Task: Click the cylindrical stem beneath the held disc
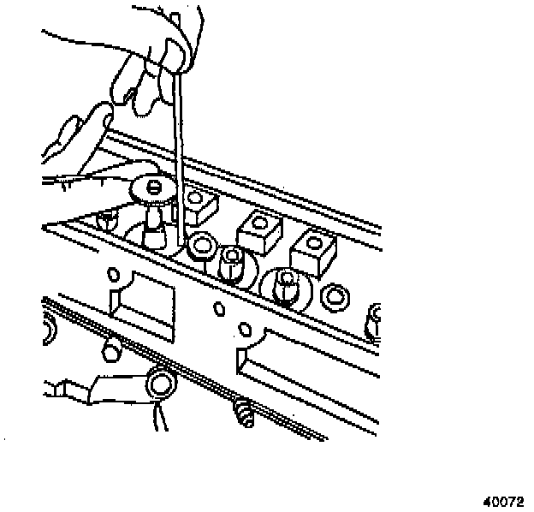tap(154, 224)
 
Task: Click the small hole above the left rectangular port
tap(112, 276)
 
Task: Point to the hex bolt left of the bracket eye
tap(110, 350)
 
